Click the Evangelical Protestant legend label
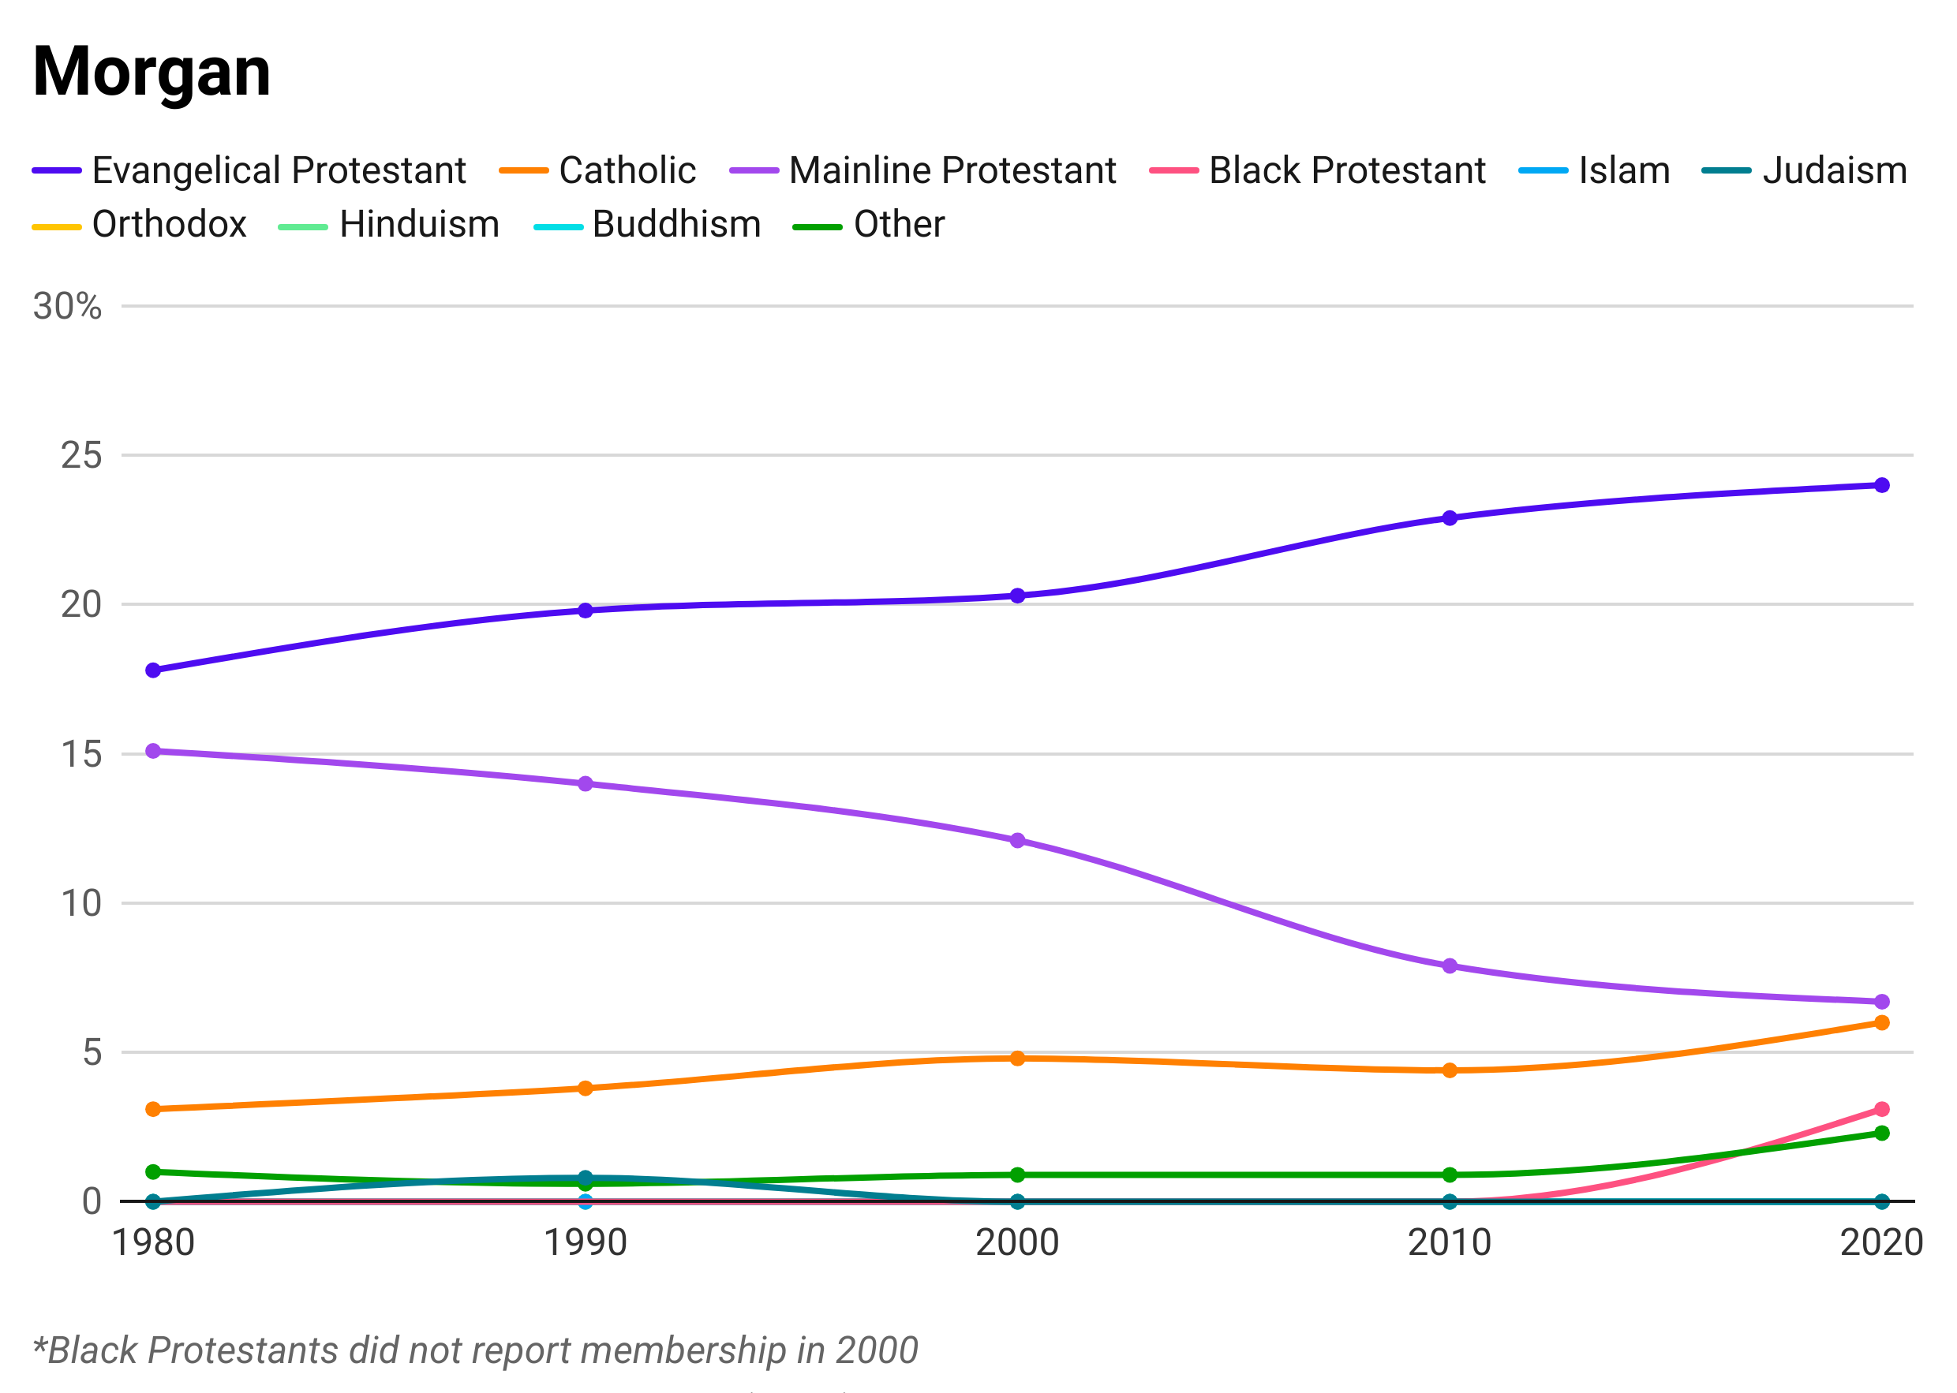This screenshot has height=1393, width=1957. pos(283,170)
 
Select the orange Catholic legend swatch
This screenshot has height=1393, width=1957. pos(517,170)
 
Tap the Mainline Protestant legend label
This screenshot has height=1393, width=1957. pos(952,170)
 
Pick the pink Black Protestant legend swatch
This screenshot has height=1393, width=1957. pos(1166,170)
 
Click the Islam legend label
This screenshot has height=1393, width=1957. pos(1626,170)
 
